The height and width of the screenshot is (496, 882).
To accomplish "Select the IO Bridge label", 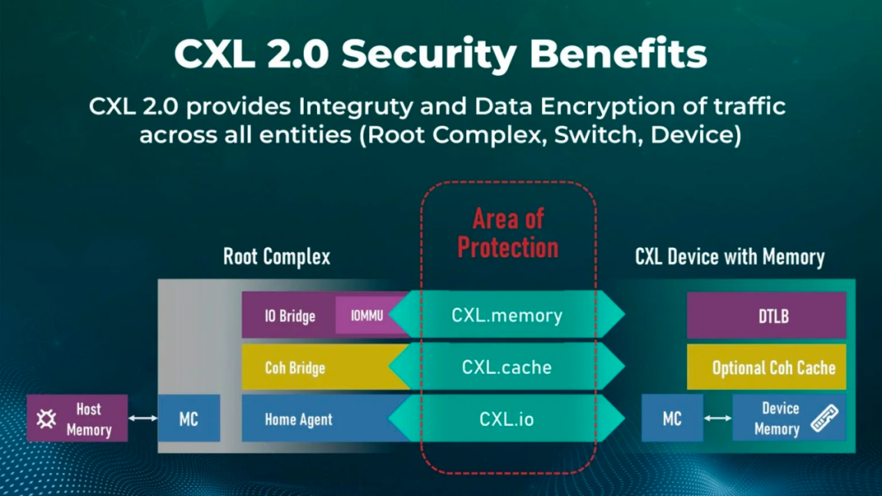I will (x=289, y=316).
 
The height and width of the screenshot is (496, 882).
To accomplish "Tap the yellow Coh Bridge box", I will (x=314, y=368).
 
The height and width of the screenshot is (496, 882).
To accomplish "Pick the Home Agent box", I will (x=314, y=419).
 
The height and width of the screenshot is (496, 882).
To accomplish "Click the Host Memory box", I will (x=78, y=418).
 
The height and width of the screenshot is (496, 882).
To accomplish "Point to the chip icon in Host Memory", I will (x=47, y=419).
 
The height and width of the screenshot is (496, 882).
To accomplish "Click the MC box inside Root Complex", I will (x=189, y=419).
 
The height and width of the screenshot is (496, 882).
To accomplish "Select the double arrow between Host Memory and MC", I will (x=143, y=418).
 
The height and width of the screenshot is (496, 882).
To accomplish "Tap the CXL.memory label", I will (x=506, y=316).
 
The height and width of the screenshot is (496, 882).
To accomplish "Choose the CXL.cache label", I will (x=506, y=368).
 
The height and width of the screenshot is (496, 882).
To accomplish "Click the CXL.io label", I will (x=506, y=419).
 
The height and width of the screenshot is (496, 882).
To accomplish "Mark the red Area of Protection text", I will (x=507, y=233).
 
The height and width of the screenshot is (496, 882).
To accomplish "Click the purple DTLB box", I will (x=766, y=316).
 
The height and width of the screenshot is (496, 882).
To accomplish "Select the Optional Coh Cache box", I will (x=766, y=368).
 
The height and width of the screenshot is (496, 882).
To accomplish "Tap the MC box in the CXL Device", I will (x=671, y=418).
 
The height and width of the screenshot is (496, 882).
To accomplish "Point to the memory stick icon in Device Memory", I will (x=825, y=418).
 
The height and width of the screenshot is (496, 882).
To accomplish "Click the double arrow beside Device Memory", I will (x=718, y=418).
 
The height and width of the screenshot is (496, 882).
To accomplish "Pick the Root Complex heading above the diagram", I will (x=277, y=258).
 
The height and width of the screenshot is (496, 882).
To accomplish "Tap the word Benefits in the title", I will (x=618, y=54).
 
